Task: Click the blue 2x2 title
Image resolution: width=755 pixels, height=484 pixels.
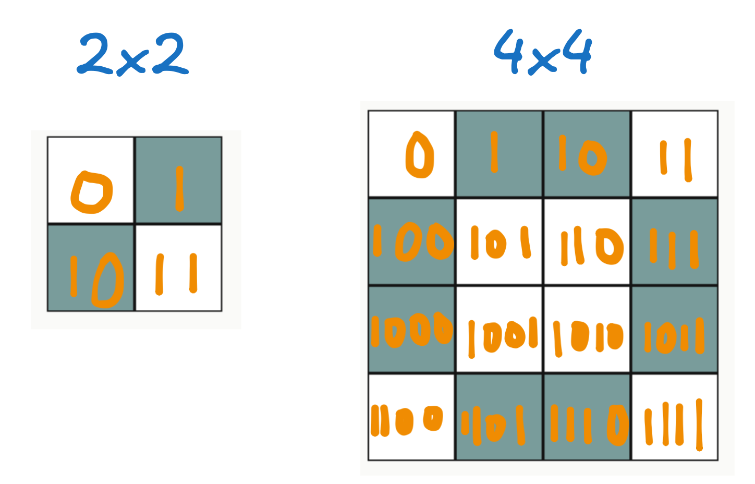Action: (x=133, y=54)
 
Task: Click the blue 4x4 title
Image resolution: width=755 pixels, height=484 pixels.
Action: (x=543, y=52)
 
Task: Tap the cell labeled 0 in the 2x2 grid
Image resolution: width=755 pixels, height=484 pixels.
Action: (x=91, y=180)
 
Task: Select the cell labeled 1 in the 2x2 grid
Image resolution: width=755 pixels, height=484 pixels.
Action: (x=178, y=180)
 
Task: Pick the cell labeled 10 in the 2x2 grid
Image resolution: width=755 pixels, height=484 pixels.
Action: (x=91, y=268)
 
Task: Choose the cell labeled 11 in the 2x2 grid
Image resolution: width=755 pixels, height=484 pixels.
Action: (x=178, y=268)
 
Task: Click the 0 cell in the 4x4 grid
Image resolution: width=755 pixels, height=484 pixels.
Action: (x=412, y=154)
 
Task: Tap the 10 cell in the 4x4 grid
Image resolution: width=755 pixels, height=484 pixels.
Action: (x=587, y=154)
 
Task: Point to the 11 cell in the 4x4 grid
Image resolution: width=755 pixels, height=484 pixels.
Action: (x=675, y=154)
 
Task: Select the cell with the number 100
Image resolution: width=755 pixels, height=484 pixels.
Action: (x=412, y=241)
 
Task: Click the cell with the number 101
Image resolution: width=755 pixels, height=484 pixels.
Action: (x=500, y=241)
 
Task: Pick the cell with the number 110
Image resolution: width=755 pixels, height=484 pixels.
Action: (x=587, y=241)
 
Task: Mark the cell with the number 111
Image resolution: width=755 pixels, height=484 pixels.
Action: (x=675, y=241)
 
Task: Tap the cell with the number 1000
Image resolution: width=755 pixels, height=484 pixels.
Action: (x=412, y=329)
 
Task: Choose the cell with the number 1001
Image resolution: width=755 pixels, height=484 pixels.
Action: (x=500, y=329)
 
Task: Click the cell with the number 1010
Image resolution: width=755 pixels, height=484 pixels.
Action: (x=587, y=329)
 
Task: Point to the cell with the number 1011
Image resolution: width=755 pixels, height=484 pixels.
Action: (x=675, y=329)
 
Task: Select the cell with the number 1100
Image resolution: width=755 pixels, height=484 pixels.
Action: (x=412, y=417)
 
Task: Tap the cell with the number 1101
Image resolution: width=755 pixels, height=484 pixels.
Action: (x=500, y=417)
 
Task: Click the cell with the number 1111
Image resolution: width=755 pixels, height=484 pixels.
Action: (x=675, y=417)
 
